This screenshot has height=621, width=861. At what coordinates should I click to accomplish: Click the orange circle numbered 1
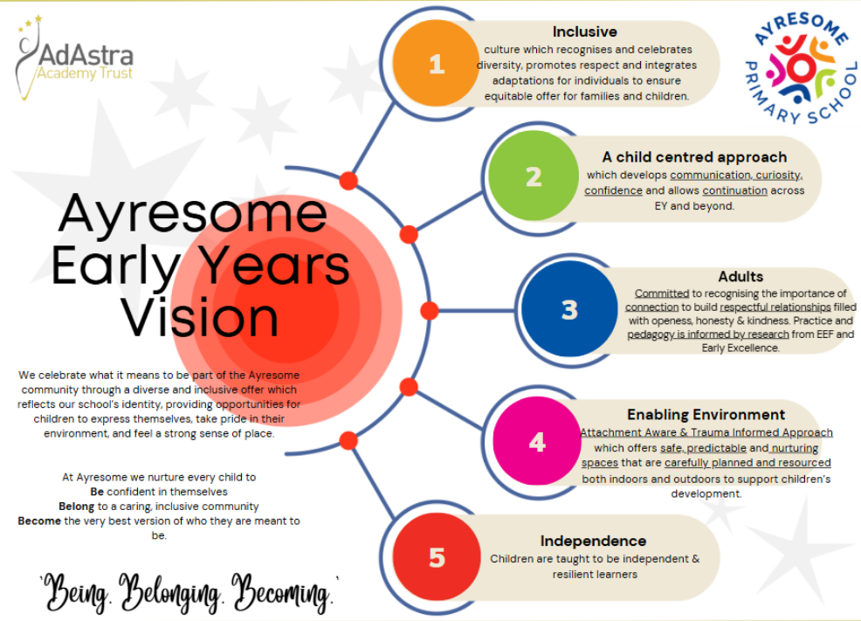(435, 63)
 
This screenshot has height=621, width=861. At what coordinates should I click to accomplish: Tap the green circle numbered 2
(533, 177)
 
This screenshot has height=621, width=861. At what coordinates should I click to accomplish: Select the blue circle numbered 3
(568, 310)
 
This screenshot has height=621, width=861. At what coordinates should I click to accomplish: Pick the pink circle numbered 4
(536, 441)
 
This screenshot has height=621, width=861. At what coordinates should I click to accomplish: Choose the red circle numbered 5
(436, 557)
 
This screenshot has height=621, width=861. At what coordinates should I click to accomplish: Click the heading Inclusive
(584, 32)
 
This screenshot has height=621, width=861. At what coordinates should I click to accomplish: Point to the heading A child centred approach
(694, 157)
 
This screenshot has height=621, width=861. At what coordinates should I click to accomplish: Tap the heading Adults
(740, 277)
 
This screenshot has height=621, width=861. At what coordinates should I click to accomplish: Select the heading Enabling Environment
(706, 414)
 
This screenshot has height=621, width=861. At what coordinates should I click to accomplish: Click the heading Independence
(593, 541)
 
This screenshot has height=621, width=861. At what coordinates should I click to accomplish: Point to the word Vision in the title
(200, 315)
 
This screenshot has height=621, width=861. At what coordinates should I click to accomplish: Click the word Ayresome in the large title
(192, 214)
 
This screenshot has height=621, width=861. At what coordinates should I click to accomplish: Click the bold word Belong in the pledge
(76, 506)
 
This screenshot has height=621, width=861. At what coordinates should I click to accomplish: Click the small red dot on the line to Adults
(429, 310)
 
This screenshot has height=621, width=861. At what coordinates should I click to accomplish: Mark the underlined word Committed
(662, 293)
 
